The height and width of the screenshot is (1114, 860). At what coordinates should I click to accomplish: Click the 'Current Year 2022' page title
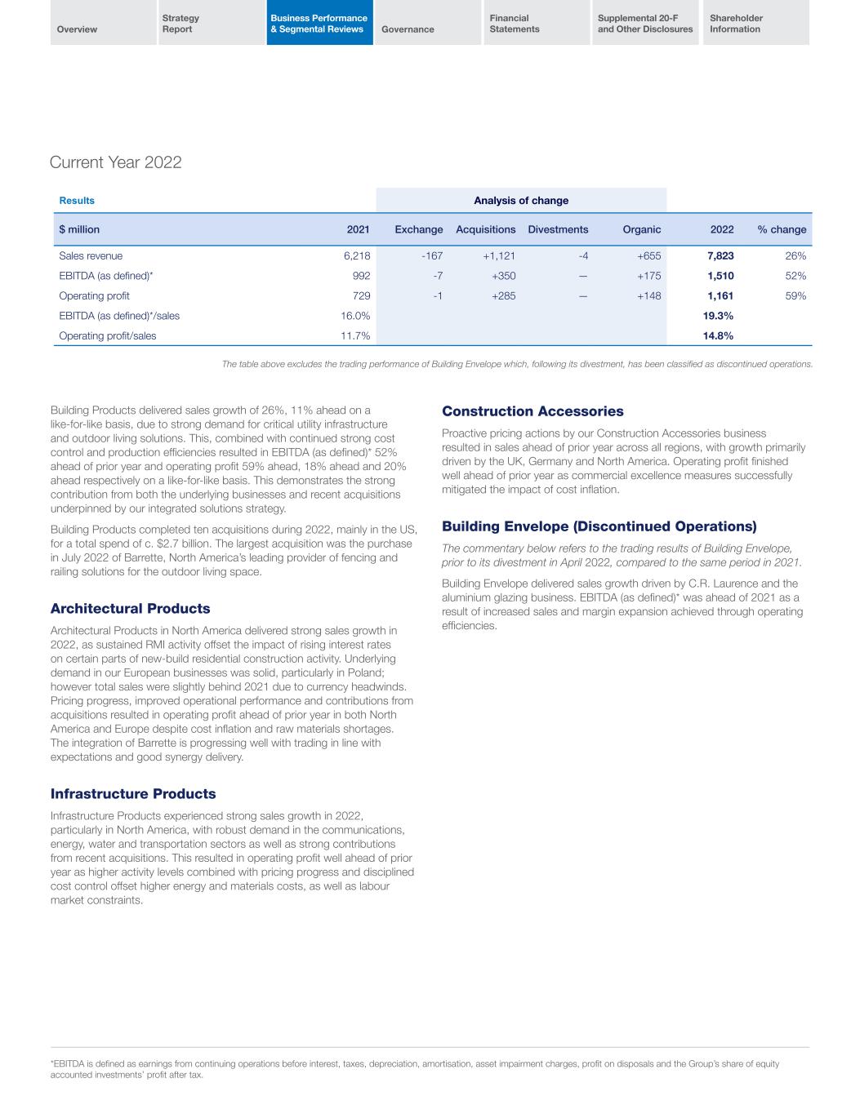tap(116, 162)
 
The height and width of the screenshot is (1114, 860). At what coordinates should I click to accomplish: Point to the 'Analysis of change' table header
tap(521, 201)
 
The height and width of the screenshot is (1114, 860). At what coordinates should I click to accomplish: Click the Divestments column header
tap(558, 229)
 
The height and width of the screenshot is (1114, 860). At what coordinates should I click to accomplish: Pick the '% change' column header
tap(782, 229)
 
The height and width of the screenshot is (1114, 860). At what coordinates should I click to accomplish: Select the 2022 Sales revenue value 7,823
tap(720, 256)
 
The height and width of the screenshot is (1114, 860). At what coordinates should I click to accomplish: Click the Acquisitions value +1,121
tap(499, 256)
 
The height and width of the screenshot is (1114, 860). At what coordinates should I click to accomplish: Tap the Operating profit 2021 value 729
tap(360, 295)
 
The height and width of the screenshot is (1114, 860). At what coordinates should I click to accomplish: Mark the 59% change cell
tap(795, 295)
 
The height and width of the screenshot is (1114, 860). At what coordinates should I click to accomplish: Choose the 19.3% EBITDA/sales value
tap(718, 316)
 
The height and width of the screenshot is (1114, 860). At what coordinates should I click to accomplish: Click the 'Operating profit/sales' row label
tap(108, 335)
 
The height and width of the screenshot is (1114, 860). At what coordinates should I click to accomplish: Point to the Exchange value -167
tap(432, 256)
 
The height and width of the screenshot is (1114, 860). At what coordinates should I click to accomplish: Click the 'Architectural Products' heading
tap(131, 609)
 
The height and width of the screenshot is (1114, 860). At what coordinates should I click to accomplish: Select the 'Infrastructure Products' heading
tap(133, 794)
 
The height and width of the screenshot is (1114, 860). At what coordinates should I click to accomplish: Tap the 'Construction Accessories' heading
tap(532, 411)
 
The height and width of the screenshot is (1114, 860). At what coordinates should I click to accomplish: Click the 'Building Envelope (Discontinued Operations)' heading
tap(599, 526)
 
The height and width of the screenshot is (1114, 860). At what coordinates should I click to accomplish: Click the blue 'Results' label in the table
tap(77, 201)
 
